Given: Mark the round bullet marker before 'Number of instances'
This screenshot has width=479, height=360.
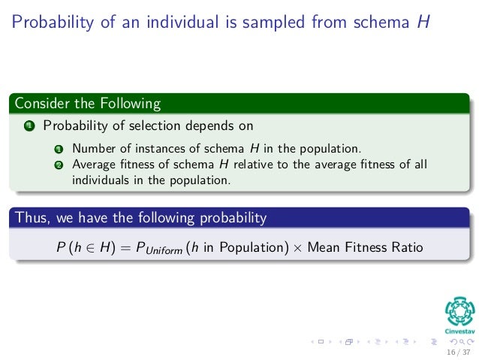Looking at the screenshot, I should click(57, 149).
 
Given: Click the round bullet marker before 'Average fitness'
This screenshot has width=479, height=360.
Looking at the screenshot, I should click(57, 165).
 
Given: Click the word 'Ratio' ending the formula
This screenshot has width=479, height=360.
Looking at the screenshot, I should click(406, 247).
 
